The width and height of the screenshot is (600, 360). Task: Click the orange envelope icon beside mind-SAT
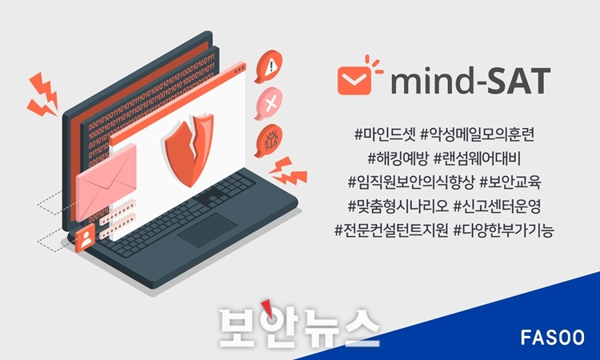pos(354,80)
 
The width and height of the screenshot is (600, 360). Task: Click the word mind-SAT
pos(470,81)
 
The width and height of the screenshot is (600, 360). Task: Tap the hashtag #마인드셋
pos(385,134)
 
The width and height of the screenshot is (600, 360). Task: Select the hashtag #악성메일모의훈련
pos(477,134)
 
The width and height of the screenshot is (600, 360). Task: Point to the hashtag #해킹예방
pos(398,158)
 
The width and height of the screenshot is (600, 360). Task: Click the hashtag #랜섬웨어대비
pos(477,158)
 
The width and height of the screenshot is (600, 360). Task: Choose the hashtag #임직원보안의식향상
pos(411,182)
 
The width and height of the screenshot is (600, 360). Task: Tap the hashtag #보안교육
pos(510,182)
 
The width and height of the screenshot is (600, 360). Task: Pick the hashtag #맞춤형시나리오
pos(398,206)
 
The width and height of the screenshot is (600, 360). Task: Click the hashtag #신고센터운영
pos(497,206)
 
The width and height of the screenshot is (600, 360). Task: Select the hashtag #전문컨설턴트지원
pos(391,230)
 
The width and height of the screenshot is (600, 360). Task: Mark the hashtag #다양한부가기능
pos(503,230)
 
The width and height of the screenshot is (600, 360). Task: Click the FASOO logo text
pos(552,338)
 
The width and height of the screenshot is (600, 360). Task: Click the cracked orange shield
pos(190,150)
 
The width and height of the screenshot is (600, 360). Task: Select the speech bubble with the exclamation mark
pos(269,66)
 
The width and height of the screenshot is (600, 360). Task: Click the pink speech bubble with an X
pos(269,104)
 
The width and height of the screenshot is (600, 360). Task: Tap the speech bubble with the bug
pos(269,141)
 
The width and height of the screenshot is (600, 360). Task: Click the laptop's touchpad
pos(207,230)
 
